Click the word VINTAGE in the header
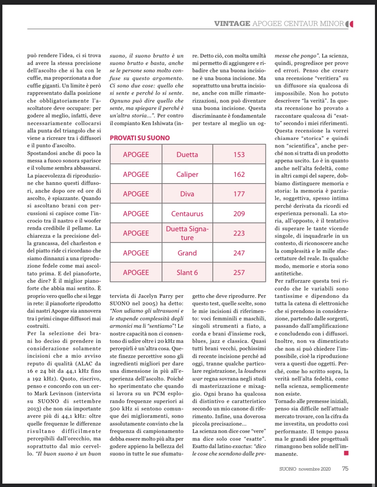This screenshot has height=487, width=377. pyautogui.click(x=232, y=24)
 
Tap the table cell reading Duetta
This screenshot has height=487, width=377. pyautogui.click(x=187, y=155)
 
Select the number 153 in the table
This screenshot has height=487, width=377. pyautogui.click(x=239, y=155)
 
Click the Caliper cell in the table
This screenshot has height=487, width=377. pyautogui.click(x=187, y=174)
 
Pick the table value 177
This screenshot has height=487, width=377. pyautogui.click(x=239, y=194)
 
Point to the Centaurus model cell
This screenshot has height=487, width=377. pyautogui.click(x=187, y=214)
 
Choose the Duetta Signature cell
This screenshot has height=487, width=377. pyautogui.click(x=187, y=233)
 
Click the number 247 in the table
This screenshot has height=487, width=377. pyautogui.click(x=239, y=253)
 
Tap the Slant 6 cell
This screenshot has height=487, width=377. pyautogui.click(x=187, y=273)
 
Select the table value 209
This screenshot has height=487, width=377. pyautogui.click(x=239, y=214)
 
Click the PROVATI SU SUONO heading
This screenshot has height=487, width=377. pyautogui.click(x=140, y=138)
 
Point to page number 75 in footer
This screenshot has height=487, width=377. pyautogui.click(x=345, y=469)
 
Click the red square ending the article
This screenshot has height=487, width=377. pyautogui.click(x=346, y=453)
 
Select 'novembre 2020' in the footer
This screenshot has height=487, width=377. pyautogui.click(x=315, y=469)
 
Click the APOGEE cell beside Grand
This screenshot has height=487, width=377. pyautogui.click(x=136, y=253)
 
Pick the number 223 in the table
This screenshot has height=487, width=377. pyautogui.click(x=239, y=233)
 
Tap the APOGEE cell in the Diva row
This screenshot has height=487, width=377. pyautogui.click(x=136, y=194)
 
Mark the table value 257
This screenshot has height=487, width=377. pyautogui.click(x=239, y=273)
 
